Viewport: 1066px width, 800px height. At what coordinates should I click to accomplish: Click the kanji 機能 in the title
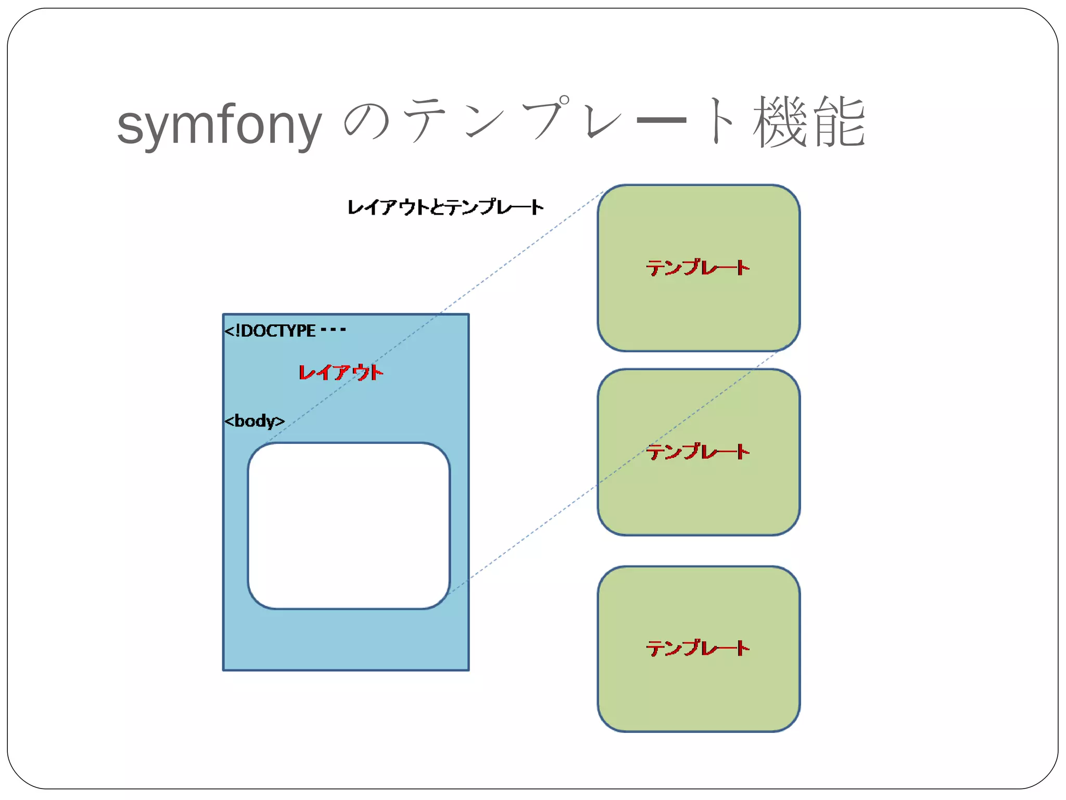[x=809, y=122]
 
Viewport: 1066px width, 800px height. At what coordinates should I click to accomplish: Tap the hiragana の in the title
[x=367, y=122]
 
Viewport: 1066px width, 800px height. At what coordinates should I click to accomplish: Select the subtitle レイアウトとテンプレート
[x=445, y=207]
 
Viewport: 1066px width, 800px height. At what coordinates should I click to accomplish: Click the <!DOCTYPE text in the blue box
[x=270, y=331]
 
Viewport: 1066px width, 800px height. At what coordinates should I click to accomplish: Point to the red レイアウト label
[x=340, y=372]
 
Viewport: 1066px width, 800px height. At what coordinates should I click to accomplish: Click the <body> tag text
[x=254, y=421]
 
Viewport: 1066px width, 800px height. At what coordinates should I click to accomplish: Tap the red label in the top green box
[x=698, y=268]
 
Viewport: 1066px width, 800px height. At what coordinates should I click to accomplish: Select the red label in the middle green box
[x=698, y=452]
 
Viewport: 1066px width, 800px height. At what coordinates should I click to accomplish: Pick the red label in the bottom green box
[x=698, y=648]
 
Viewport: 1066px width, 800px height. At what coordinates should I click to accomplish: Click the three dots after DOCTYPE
[x=333, y=330]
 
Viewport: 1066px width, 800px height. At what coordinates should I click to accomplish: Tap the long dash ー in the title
[x=661, y=121]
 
